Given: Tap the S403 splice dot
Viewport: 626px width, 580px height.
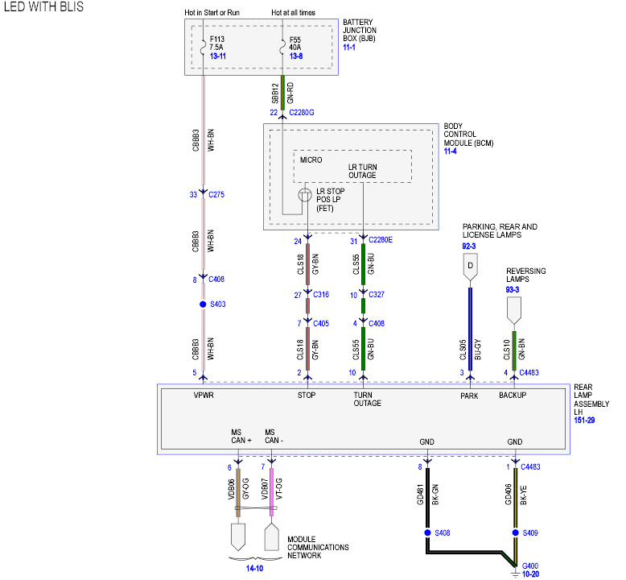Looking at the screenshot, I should click(203, 304).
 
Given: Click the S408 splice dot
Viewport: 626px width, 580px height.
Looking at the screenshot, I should click(426, 532).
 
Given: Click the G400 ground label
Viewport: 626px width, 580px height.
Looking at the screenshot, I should click(530, 567).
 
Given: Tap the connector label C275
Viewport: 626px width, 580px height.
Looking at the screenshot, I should click(216, 194).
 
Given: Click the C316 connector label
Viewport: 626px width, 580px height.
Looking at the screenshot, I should click(321, 295).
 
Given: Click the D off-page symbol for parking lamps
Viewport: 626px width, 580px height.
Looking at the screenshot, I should click(470, 265).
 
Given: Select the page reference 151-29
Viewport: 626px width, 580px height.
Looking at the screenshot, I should click(584, 420).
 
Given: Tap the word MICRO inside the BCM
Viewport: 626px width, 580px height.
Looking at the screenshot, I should click(311, 159).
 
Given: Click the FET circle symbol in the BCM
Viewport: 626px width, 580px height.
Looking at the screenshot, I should click(306, 195).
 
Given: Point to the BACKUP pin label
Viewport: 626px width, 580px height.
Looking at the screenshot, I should click(512, 396).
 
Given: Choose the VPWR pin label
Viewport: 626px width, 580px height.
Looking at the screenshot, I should click(203, 396).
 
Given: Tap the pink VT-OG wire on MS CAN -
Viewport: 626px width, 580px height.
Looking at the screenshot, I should click(272, 495).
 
